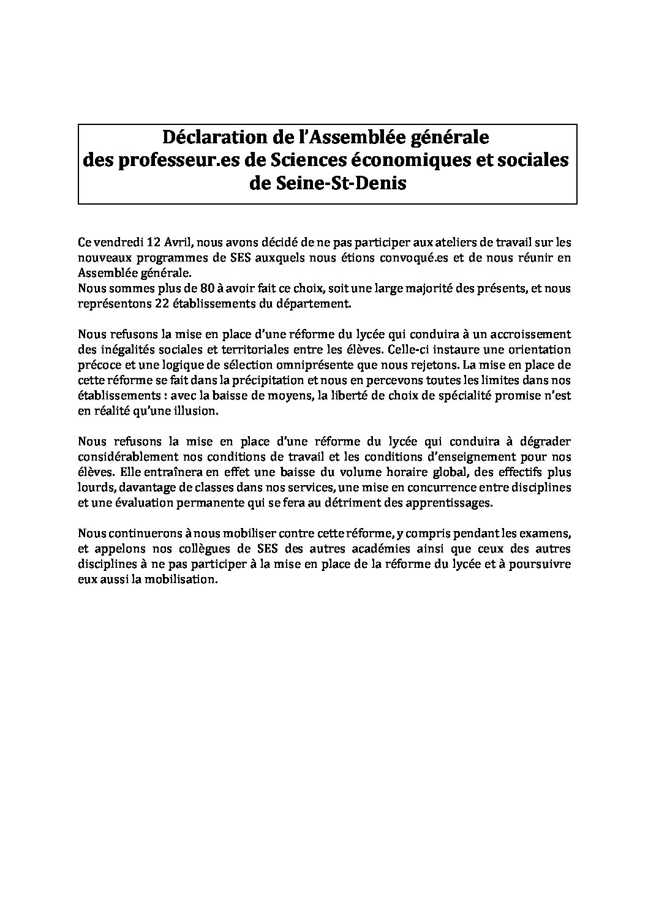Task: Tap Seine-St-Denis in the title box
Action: point(328,184)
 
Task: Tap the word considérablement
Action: point(125,456)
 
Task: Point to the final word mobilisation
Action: point(183,579)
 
